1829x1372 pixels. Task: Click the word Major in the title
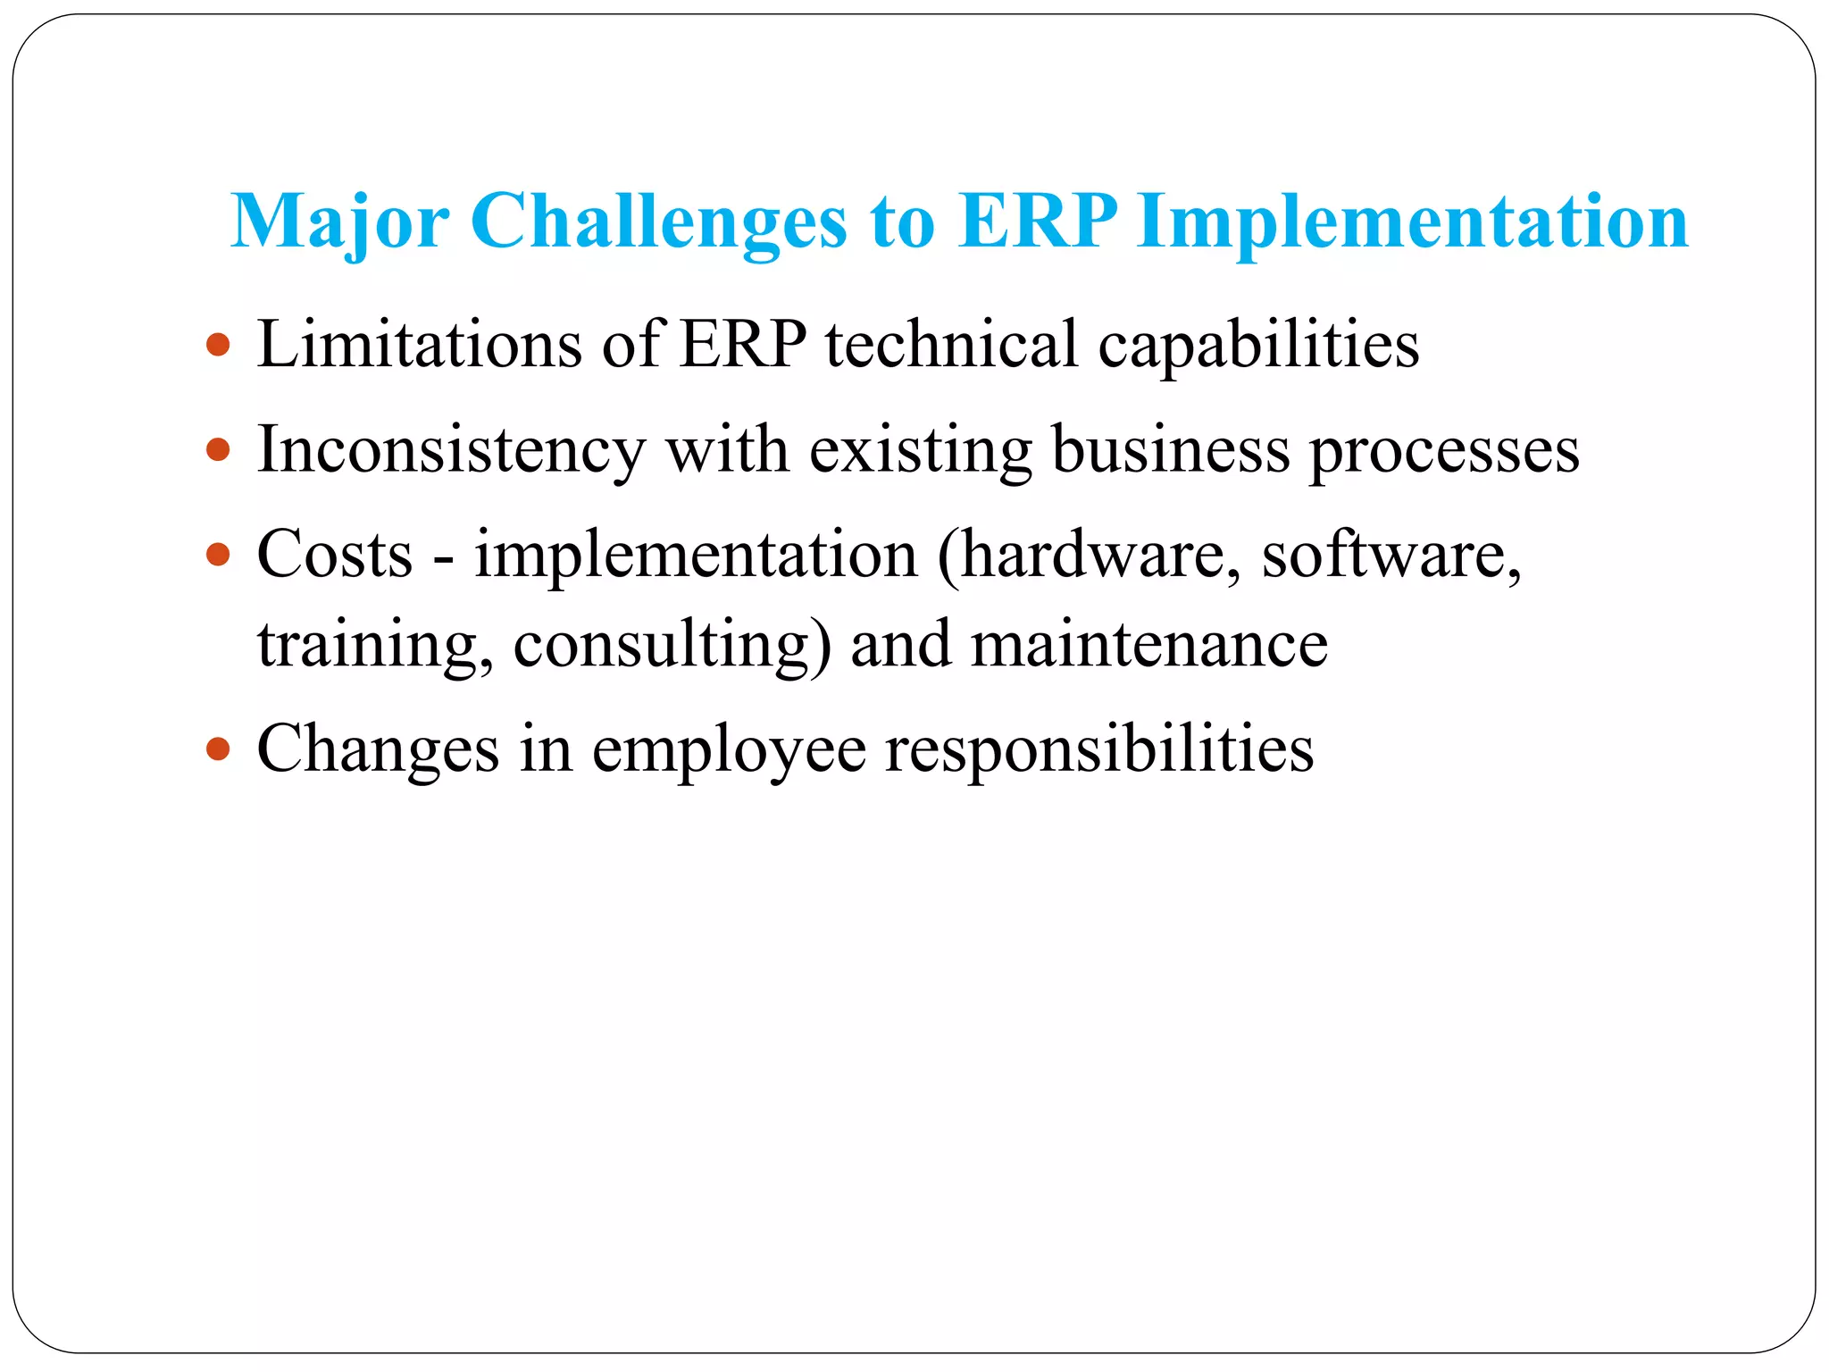pyautogui.click(x=339, y=222)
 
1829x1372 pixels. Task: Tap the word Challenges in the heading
pyautogui.click(x=658, y=222)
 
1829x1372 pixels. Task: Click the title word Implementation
pyautogui.click(x=1413, y=222)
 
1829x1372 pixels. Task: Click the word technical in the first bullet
pyautogui.click(x=951, y=344)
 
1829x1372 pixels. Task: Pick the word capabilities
pyautogui.click(x=1258, y=346)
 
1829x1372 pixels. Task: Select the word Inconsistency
pyautogui.click(x=451, y=449)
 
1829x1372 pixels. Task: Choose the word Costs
pyautogui.click(x=335, y=555)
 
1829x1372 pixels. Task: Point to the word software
pyautogui.click(x=1391, y=555)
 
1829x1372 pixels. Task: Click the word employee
pyautogui.click(x=729, y=749)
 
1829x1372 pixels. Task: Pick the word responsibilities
pyautogui.click(x=1099, y=749)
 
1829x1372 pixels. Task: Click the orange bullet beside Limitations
pyautogui.click(x=218, y=344)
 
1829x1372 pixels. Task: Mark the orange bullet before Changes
pyautogui.click(x=218, y=748)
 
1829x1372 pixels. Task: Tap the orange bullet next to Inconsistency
pyautogui.click(x=218, y=448)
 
